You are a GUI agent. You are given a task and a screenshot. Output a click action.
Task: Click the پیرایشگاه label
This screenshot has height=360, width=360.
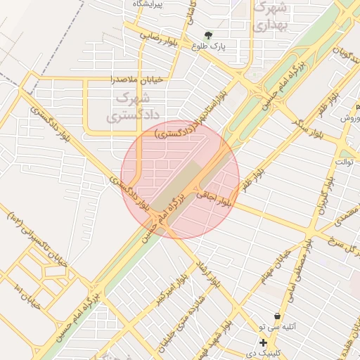tap(148, 4)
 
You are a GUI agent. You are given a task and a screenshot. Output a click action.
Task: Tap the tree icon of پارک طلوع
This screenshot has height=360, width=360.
tap(208, 35)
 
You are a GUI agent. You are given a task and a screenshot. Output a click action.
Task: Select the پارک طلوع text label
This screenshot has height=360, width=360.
tap(207, 46)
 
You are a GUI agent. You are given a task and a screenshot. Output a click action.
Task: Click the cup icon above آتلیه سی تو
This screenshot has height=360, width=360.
tap(279, 316)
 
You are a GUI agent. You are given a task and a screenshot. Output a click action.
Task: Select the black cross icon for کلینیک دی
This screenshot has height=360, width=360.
tap(262, 343)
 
